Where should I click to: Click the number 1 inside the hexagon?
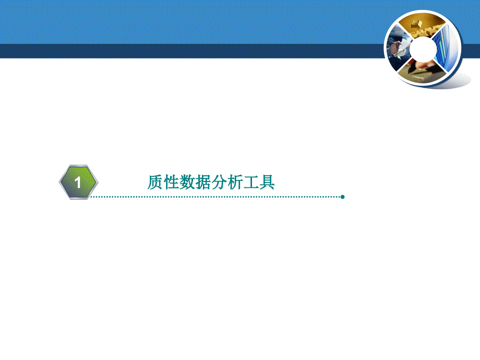[78, 183]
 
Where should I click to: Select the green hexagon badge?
[79, 182]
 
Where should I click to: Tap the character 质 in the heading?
[155, 182]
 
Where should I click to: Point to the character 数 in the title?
[187, 182]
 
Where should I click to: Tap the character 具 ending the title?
[267, 182]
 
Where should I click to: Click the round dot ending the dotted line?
[343, 197]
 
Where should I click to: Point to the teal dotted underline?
[215, 197]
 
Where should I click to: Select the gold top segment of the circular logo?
[421, 26]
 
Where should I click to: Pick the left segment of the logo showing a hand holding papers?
[399, 47]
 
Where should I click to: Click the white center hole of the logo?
[423, 49]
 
